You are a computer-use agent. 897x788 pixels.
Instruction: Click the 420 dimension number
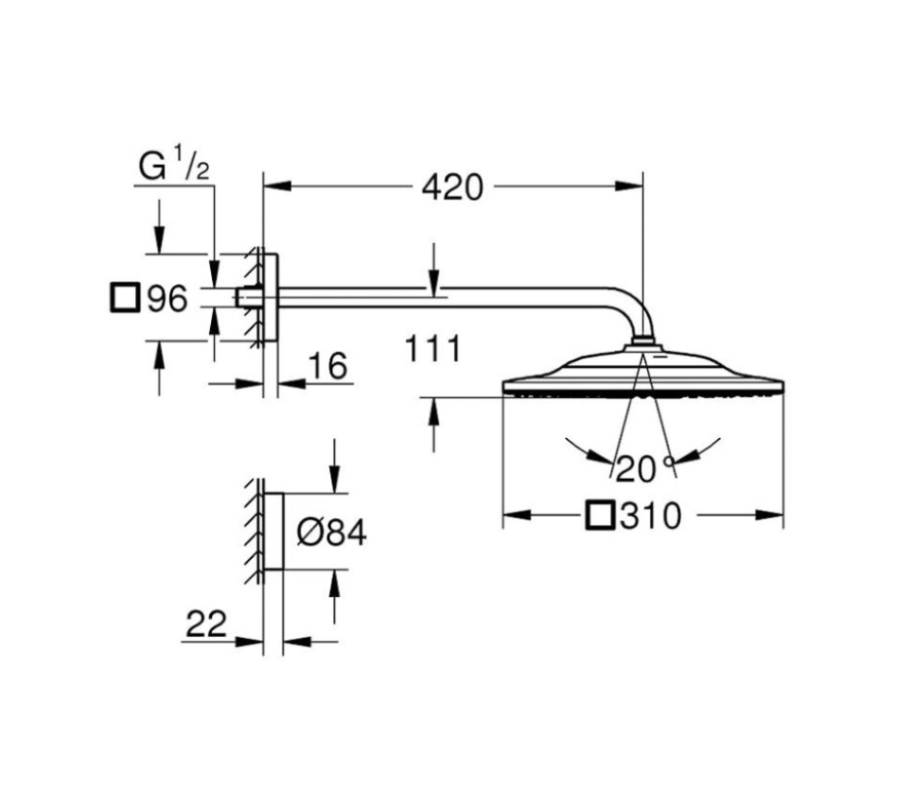point(452,187)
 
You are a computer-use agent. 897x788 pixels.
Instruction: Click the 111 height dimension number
point(432,349)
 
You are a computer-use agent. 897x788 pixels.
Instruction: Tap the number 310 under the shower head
point(649,517)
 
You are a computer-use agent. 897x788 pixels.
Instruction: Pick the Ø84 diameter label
point(330,533)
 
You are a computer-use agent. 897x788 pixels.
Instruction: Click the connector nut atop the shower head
point(642,340)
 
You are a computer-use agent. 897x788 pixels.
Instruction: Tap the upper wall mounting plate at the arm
point(270,299)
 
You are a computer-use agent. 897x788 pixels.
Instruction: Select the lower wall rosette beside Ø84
point(273,532)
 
